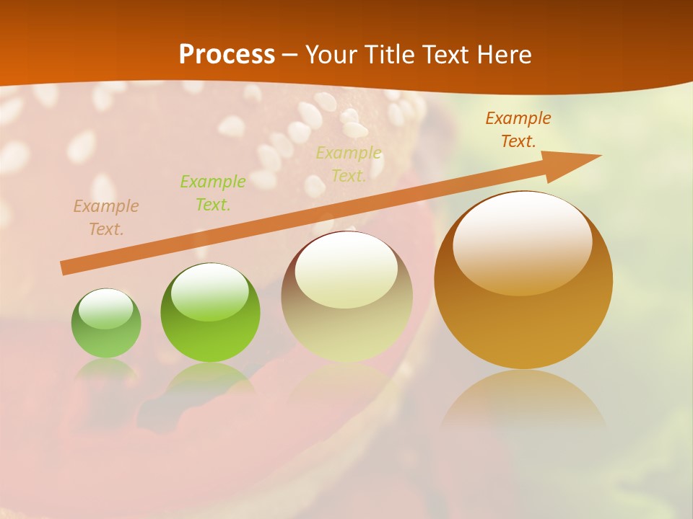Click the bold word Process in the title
click(x=227, y=55)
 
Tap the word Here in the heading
click(x=505, y=55)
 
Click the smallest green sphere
click(x=106, y=323)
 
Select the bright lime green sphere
click(x=210, y=313)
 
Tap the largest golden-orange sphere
click(x=523, y=281)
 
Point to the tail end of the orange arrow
click(x=64, y=268)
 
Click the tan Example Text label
click(x=106, y=218)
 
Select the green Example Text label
click(x=213, y=193)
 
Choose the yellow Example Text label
click(x=349, y=164)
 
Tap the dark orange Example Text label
click(x=518, y=130)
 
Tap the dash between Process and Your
click(x=290, y=55)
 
